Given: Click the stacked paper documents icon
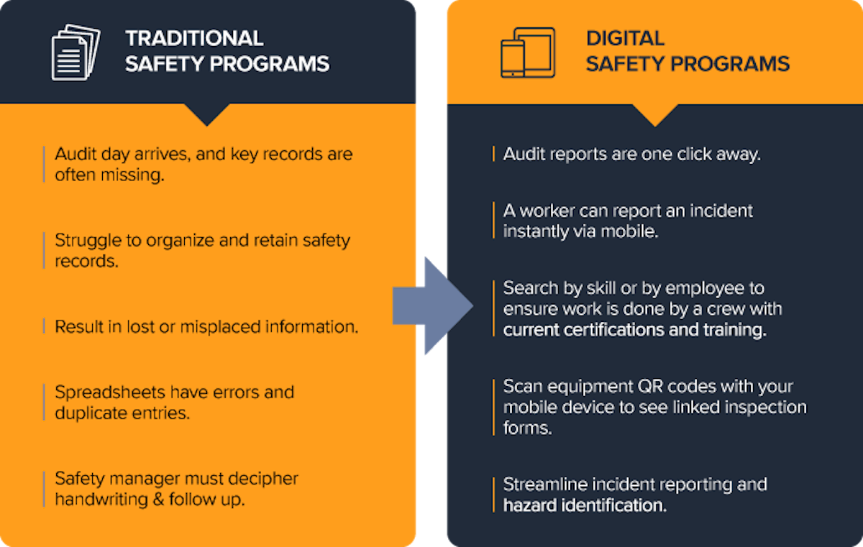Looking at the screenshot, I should point(75,52).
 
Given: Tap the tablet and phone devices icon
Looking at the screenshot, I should point(527,52).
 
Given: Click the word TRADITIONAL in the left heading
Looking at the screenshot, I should point(194,38).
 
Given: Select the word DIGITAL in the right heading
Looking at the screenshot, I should point(625,38).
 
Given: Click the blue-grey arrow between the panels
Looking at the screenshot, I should point(431,306).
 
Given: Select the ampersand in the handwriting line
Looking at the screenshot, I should point(158,500).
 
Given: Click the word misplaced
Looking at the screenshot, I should point(220,327).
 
